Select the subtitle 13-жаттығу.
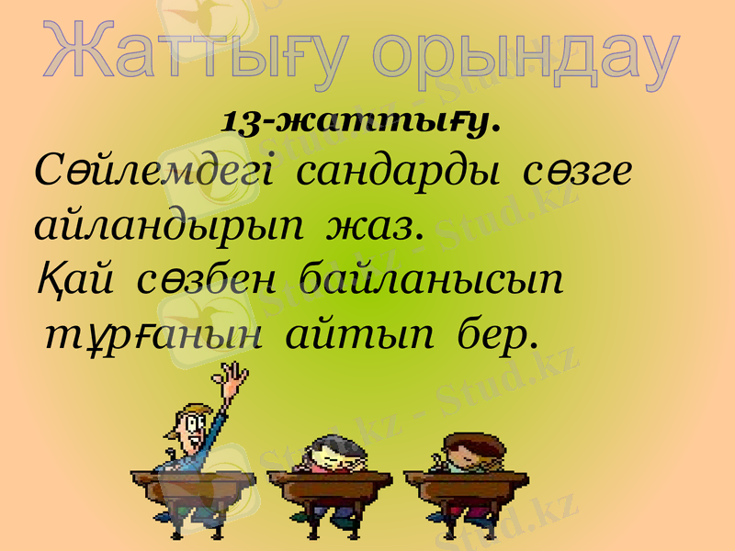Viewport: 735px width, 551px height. pos(360,120)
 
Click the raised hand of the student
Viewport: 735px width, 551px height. pos(235,377)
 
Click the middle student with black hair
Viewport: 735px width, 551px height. pos(326,455)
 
